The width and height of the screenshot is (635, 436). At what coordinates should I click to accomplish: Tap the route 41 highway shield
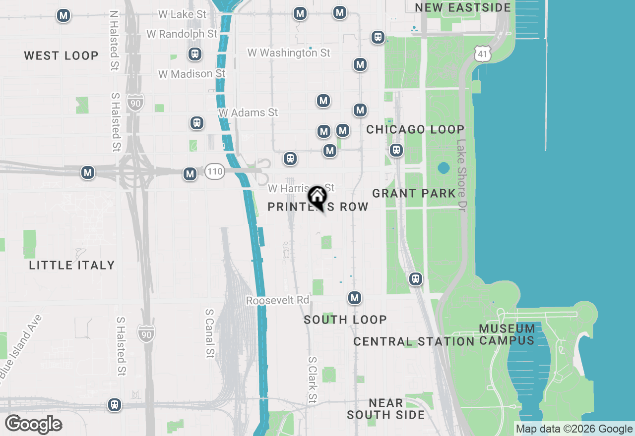click(482, 54)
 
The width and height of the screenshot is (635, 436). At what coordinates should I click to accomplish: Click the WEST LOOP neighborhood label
click(62, 55)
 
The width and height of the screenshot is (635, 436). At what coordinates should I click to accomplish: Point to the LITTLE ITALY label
click(72, 265)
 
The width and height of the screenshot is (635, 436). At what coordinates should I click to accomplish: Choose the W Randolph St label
click(182, 34)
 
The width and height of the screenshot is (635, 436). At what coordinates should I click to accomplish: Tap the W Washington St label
click(289, 53)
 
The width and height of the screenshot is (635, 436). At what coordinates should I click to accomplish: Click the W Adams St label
click(248, 112)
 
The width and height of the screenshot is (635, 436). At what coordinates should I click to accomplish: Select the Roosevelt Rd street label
click(277, 301)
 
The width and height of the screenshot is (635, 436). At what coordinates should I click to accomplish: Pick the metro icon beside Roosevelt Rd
click(354, 298)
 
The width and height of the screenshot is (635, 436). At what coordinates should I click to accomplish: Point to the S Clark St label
click(312, 380)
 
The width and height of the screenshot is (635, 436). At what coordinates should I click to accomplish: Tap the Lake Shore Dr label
click(461, 175)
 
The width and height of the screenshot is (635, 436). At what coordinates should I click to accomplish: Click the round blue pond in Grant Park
click(444, 168)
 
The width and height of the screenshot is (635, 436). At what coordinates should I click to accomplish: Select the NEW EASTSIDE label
click(463, 7)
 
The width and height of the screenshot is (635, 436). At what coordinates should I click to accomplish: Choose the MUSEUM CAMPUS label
click(507, 334)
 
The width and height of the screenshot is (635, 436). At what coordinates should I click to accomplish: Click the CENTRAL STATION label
click(414, 341)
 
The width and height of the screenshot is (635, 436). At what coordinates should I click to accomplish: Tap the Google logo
click(34, 425)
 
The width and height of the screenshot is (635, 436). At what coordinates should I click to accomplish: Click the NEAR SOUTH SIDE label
click(386, 409)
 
